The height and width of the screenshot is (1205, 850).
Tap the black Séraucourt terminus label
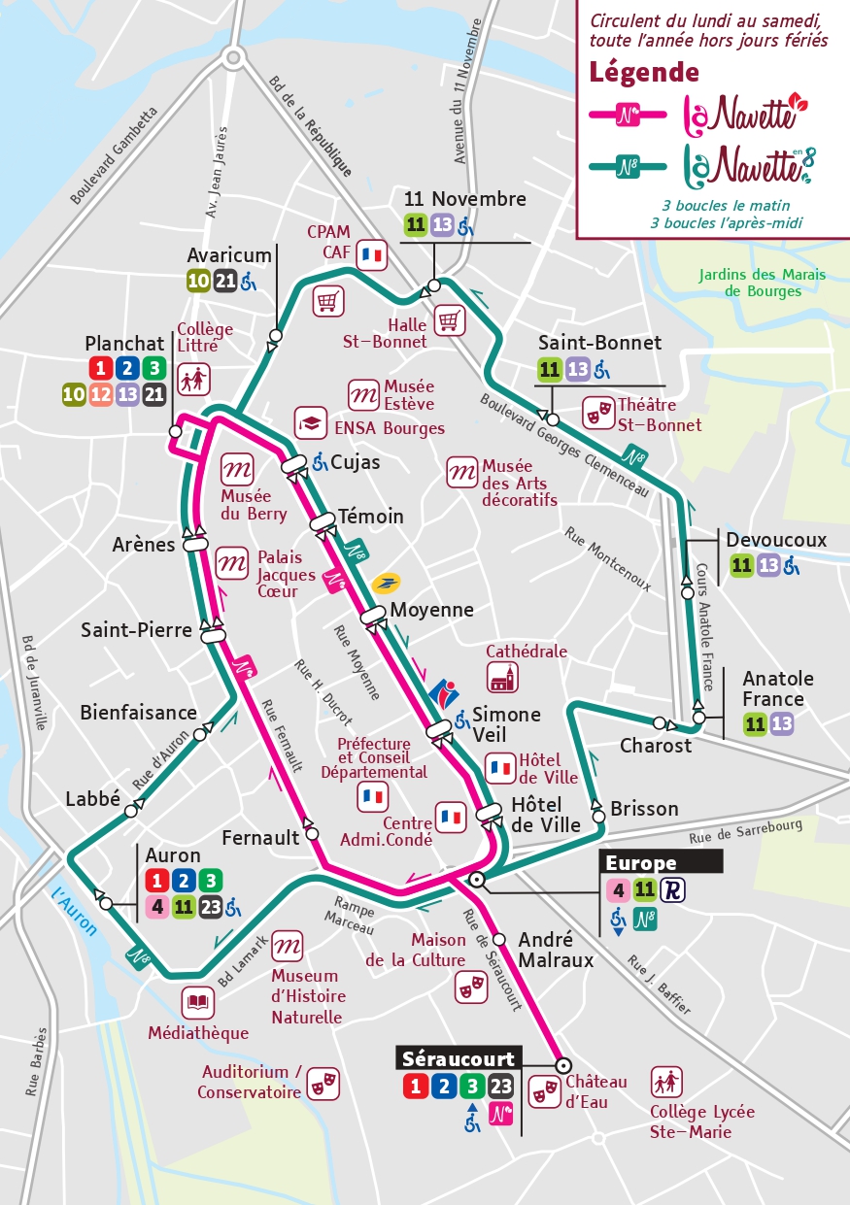point(459,1057)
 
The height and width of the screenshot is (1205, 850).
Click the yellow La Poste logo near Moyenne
point(386,583)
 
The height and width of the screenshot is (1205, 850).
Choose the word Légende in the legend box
point(644,72)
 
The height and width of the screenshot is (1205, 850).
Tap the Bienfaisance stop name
point(138,713)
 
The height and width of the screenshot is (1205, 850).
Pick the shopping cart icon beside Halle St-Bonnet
point(448,319)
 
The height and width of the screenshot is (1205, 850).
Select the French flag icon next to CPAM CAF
point(371,255)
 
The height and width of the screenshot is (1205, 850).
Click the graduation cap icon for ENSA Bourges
point(311,422)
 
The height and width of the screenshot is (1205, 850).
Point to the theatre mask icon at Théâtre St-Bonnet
point(597,413)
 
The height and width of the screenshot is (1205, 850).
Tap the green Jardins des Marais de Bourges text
point(762,283)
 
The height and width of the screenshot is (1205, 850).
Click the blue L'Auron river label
point(74,910)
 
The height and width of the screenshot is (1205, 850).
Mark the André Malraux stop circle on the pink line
point(499,939)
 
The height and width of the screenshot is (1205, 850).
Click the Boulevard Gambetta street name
point(114,155)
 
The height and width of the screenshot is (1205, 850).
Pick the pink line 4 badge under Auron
point(155,908)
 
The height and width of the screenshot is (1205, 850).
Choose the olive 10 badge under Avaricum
point(198,282)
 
